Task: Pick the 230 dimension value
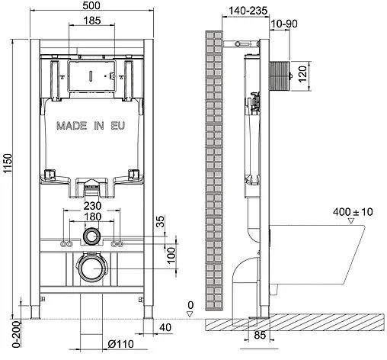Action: tap(91, 206)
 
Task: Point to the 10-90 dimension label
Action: tap(281, 24)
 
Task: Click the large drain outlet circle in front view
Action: tap(92, 268)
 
